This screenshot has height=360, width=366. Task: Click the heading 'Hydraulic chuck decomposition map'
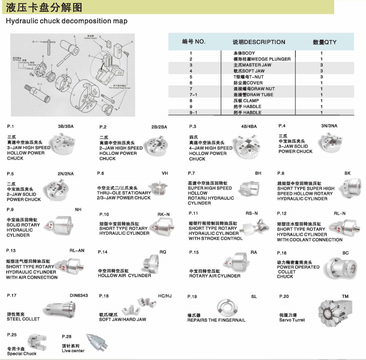tap(66, 21)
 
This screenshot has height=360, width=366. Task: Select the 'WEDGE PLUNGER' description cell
tap(262, 59)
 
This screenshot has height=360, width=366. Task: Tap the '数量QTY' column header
tap(325, 42)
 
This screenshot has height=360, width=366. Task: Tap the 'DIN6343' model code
tap(79, 295)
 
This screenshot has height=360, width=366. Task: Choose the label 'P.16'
tap(282, 253)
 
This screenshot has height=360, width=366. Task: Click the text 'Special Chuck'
tap(22, 353)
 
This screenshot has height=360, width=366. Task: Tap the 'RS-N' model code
tap(252, 213)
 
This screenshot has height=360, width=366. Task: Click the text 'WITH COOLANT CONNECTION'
tap(310, 240)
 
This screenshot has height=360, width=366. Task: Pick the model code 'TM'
tap(345, 296)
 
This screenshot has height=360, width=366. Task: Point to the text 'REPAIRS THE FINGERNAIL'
tap(216, 320)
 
